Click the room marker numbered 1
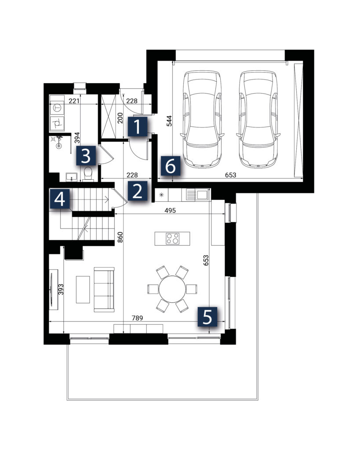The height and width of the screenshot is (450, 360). click(138, 127)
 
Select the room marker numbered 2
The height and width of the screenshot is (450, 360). click(138, 191)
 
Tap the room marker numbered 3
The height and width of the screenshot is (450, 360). click(86, 156)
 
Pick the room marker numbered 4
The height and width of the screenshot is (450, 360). click(60, 199)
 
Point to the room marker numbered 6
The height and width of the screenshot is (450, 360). click(171, 166)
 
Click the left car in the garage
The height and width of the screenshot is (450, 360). click(202, 119)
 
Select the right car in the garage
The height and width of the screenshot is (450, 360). click(258, 119)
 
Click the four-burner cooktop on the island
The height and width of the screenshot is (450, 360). click(173, 239)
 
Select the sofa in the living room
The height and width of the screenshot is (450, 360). click(104, 290)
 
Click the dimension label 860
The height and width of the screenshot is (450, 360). click(120, 237)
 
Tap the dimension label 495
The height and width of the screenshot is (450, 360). click(170, 210)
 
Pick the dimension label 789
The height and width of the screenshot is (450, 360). click(137, 318)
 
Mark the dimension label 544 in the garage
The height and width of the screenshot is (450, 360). click(169, 121)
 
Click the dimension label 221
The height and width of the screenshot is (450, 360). click(74, 101)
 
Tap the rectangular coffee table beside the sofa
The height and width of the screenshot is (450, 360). click(83, 290)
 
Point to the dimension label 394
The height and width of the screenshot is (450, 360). click(77, 138)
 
